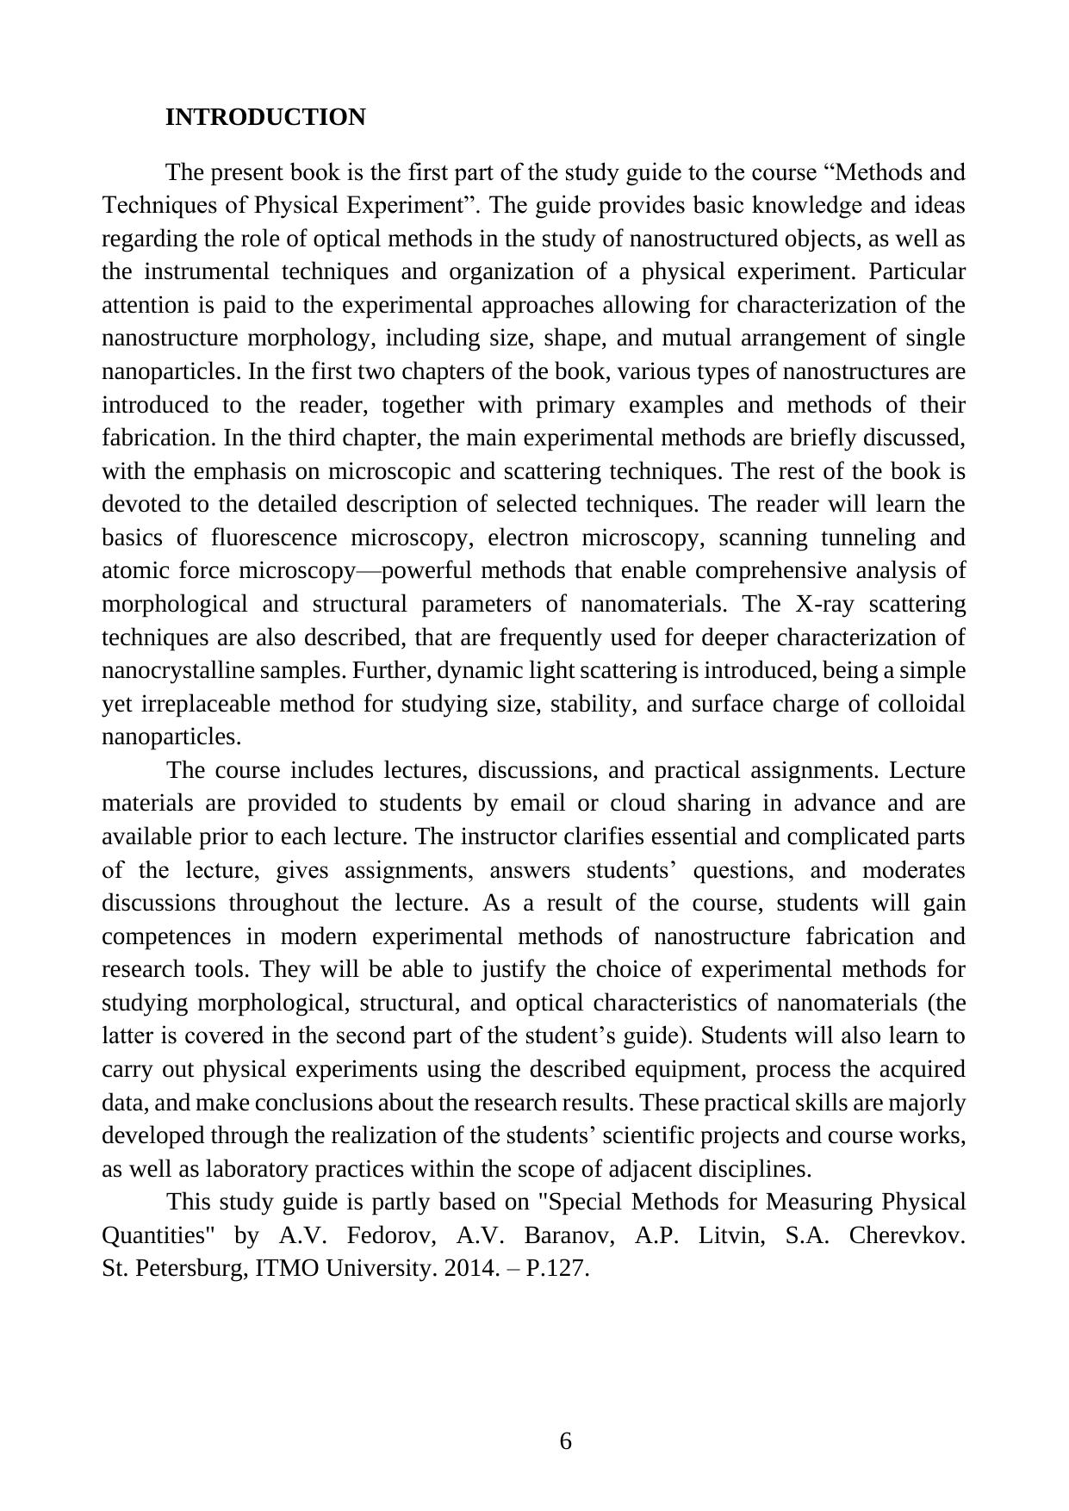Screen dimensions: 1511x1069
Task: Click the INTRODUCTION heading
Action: click(265, 117)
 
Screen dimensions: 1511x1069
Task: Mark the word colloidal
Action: click(921, 705)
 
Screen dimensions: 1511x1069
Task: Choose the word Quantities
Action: click(158, 1235)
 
